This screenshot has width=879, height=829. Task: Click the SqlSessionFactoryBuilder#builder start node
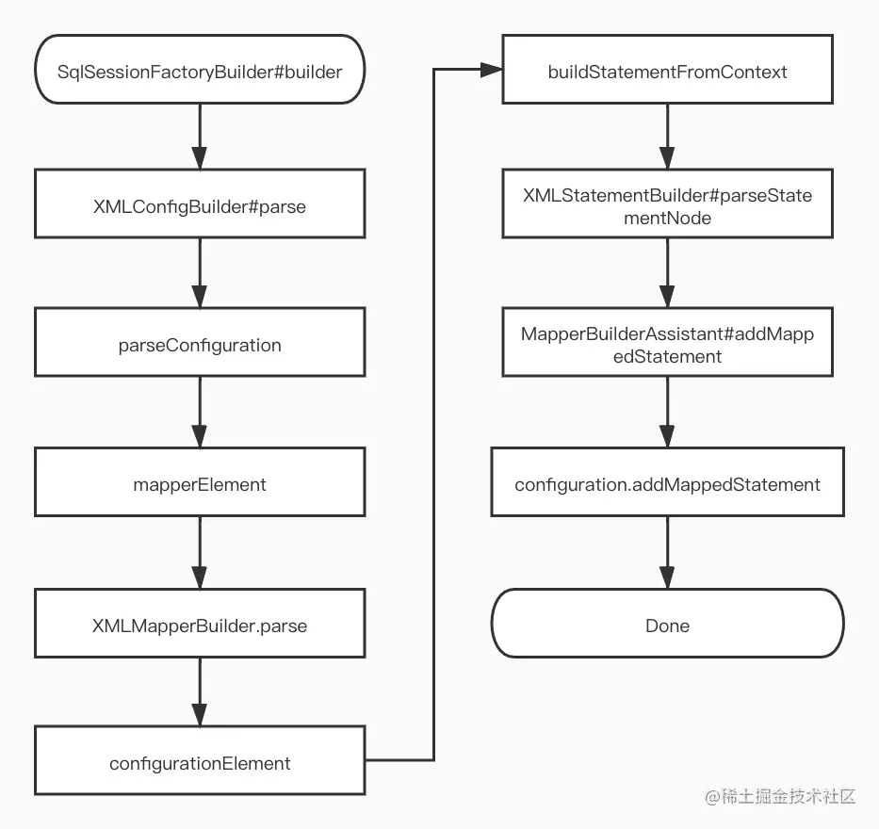pyautogui.click(x=200, y=70)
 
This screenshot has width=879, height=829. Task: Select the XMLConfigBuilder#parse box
pyautogui.click(x=200, y=206)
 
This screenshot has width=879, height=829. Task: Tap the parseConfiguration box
pyautogui.click(x=200, y=345)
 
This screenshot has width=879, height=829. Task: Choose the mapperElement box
pyautogui.click(x=200, y=484)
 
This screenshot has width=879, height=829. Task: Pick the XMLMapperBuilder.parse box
pyautogui.click(x=200, y=625)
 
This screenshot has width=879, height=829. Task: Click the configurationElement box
pyautogui.click(x=200, y=763)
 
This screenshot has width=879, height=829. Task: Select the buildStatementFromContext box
pyautogui.click(x=667, y=71)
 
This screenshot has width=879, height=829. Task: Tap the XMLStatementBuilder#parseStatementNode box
pyautogui.click(x=667, y=206)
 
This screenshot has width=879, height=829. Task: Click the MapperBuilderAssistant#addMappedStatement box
pyautogui.click(x=667, y=345)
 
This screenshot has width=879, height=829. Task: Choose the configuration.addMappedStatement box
pyautogui.click(x=667, y=484)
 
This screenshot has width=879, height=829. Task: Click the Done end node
pyautogui.click(x=667, y=625)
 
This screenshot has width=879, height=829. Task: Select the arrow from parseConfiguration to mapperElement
pyautogui.click(x=200, y=413)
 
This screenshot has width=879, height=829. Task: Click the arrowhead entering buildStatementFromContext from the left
pyautogui.click(x=491, y=70)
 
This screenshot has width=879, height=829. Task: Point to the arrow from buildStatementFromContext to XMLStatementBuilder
pyautogui.click(x=667, y=137)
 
